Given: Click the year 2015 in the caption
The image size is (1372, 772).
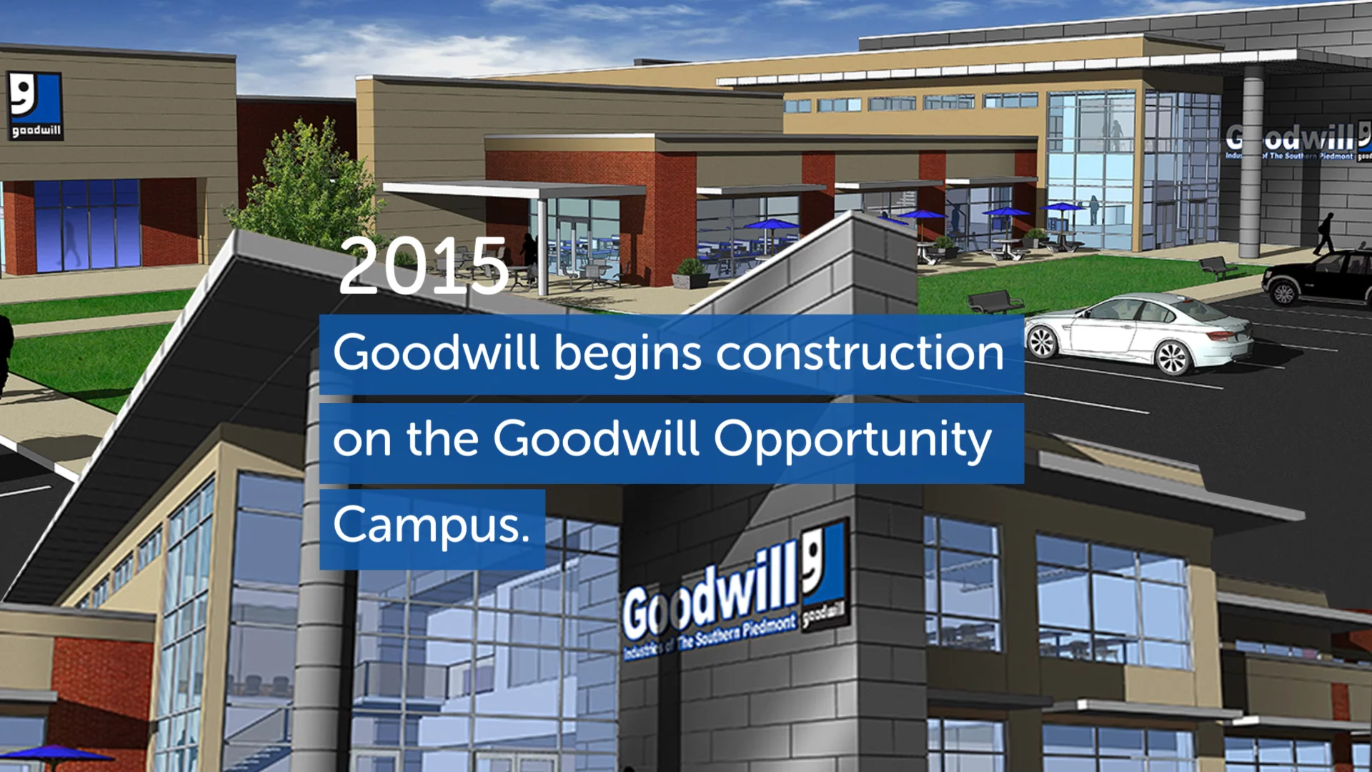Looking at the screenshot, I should click(423, 267).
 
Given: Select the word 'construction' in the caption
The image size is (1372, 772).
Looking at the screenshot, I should click(860, 353).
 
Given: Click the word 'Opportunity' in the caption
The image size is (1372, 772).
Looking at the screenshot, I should click(852, 439).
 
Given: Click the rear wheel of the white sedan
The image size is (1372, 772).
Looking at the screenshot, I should click(1172, 357).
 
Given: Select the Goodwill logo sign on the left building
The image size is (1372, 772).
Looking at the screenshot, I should click(34, 104).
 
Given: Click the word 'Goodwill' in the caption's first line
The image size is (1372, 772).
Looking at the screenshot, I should click(435, 353).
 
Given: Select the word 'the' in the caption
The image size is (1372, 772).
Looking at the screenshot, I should click(442, 439).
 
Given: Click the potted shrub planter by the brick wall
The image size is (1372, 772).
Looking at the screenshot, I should click(691, 272).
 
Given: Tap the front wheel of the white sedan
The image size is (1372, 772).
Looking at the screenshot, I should click(1043, 342).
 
